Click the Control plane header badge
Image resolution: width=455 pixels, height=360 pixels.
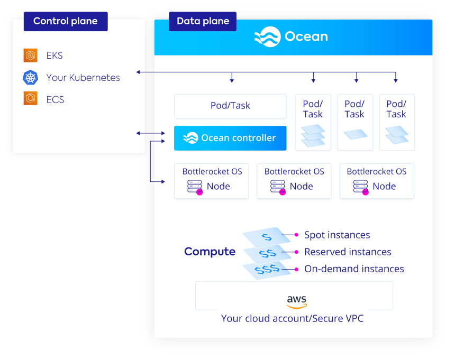(66, 22)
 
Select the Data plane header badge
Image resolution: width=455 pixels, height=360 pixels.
(203, 22)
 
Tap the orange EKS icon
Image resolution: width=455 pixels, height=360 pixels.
(31, 55)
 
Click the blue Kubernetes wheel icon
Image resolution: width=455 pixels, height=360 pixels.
(31, 78)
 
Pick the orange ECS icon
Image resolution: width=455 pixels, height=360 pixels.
(31, 99)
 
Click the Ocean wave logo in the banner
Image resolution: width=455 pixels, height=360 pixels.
(267, 36)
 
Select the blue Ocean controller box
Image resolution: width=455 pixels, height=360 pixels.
(230, 138)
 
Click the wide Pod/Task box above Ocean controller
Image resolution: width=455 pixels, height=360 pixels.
(230, 106)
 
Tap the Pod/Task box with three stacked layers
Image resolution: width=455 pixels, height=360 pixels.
(313, 123)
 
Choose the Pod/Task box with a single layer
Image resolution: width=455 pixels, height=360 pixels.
(354, 123)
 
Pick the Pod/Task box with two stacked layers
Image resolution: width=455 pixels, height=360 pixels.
(396, 123)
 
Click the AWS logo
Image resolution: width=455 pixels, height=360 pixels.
(297, 301)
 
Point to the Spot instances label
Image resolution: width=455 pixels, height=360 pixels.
(337, 235)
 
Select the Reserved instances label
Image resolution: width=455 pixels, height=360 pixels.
(348, 252)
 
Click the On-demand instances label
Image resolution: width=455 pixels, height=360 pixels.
(354, 269)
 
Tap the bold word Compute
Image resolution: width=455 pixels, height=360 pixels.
(210, 252)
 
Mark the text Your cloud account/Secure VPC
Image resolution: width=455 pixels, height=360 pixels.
(292, 318)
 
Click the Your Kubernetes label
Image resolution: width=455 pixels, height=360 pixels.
(83, 78)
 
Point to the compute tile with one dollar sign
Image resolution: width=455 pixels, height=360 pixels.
(266, 236)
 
